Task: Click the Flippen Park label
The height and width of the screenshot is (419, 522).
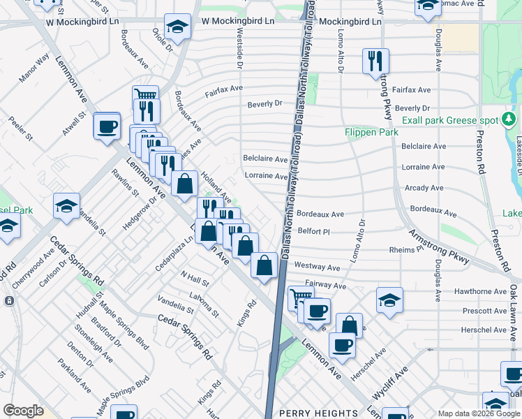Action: point(371,132)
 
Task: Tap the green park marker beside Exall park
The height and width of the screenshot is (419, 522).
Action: point(510,119)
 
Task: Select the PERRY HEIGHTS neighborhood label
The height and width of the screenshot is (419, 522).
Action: point(318,412)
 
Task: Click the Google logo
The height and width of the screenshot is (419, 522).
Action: point(23,411)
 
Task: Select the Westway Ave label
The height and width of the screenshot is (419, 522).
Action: point(317,267)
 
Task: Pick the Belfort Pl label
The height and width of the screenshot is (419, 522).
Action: point(313,230)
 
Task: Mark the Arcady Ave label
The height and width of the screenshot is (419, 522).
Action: point(424,188)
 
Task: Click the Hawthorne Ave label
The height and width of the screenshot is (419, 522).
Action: point(443,293)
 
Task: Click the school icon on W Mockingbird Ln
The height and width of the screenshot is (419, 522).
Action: point(177,28)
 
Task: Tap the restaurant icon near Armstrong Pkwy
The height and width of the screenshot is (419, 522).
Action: point(375,61)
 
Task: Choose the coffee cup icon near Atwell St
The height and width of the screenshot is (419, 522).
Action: point(107,127)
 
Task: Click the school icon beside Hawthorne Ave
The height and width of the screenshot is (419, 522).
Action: point(389,301)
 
